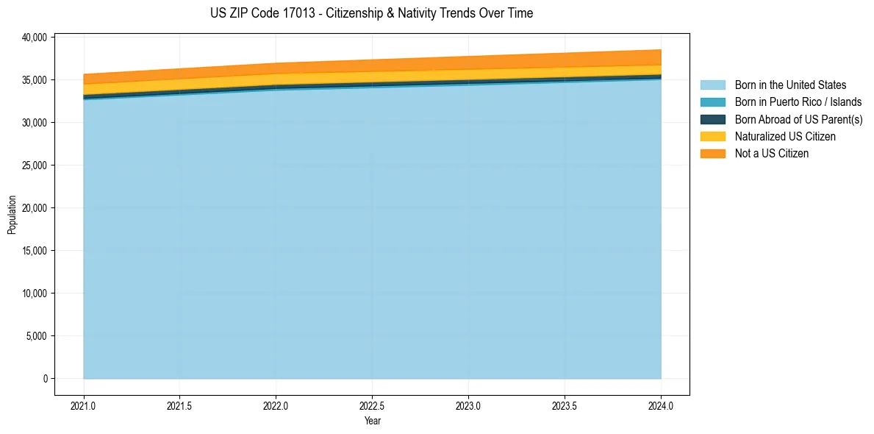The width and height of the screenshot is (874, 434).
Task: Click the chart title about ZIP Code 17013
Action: point(371,13)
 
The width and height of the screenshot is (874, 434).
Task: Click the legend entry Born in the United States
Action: point(790,85)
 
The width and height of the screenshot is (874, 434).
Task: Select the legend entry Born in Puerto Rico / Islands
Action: point(798,102)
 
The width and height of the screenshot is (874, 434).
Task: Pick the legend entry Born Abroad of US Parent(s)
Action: point(798,119)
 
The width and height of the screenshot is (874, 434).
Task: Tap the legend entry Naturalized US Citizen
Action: point(785,137)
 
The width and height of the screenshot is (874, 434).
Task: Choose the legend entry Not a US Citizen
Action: point(771,154)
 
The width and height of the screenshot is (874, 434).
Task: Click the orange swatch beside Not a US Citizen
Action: point(712,154)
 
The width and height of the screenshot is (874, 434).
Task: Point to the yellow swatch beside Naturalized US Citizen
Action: point(712,137)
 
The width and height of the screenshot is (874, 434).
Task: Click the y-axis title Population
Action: point(12,215)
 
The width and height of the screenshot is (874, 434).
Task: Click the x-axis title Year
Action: point(372,421)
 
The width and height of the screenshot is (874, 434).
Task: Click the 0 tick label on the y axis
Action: point(45,379)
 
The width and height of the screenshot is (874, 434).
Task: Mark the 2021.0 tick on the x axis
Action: point(84,405)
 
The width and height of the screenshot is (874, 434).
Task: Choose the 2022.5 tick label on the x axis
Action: point(372,405)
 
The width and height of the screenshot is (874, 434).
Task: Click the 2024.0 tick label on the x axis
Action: point(661,405)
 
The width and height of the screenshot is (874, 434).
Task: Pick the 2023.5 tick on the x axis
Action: point(565,405)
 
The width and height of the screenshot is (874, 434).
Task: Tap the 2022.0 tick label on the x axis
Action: point(276,405)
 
